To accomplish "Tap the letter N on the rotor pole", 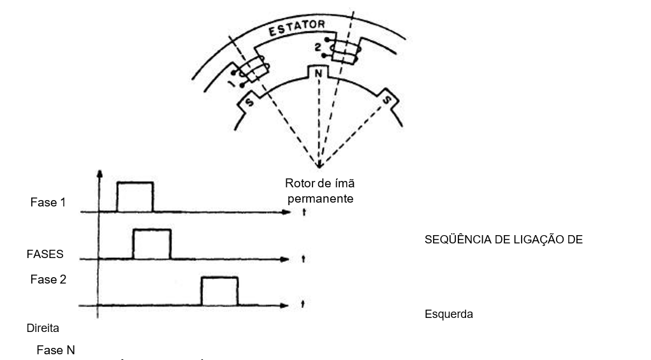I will [x=317, y=73].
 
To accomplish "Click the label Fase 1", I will [x=48, y=203].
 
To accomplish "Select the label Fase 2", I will [x=48, y=279].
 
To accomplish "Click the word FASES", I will [x=45, y=254].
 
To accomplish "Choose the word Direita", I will [x=43, y=329].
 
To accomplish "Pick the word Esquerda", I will [x=448, y=314].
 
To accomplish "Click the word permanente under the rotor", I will [x=320, y=199].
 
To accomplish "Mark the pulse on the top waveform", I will [x=135, y=196].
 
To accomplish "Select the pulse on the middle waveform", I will [x=152, y=243].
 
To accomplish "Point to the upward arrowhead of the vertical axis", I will [x=98, y=174].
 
